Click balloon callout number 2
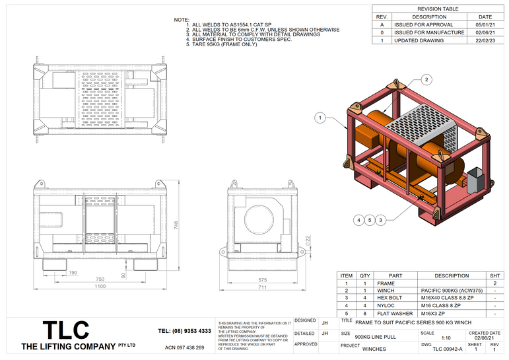click(426, 79)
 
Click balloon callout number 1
click(320, 118)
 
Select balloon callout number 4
click(358, 219)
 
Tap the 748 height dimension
click(178, 225)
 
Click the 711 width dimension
click(262, 287)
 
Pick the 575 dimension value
click(262, 279)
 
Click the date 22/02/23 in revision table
click(485, 40)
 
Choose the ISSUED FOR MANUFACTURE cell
click(429, 32)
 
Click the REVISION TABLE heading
click(438, 9)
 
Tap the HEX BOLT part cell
click(395, 298)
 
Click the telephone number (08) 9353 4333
click(185, 330)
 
